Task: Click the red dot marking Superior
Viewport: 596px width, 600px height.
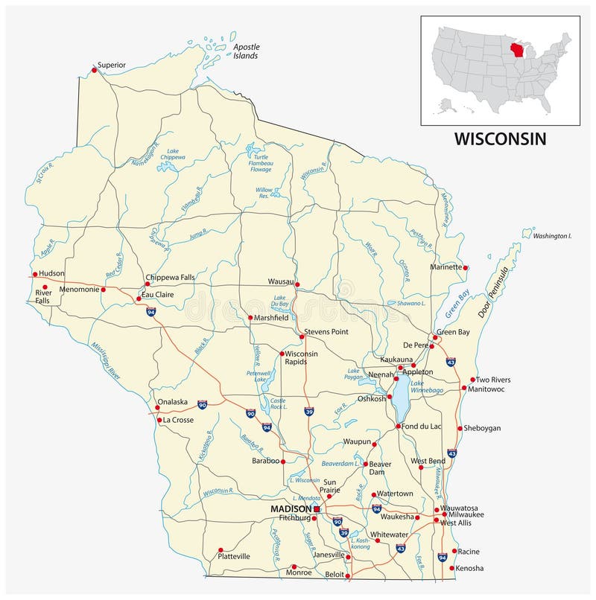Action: tap(94, 70)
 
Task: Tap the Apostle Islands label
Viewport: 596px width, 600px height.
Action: tap(245, 51)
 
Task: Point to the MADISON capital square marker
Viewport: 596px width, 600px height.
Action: tap(317, 508)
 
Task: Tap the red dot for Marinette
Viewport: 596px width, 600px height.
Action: tap(465, 268)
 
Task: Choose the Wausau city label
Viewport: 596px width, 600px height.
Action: tap(281, 281)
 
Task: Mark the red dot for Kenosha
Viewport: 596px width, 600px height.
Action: tap(452, 568)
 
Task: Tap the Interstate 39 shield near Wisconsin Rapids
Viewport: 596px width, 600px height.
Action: tap(308, 411)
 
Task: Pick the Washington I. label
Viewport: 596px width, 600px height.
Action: tap(551, 236)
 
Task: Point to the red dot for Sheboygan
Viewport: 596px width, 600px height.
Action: tap(459, 428)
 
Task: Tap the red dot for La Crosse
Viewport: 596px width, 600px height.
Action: tap(159, 420)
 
